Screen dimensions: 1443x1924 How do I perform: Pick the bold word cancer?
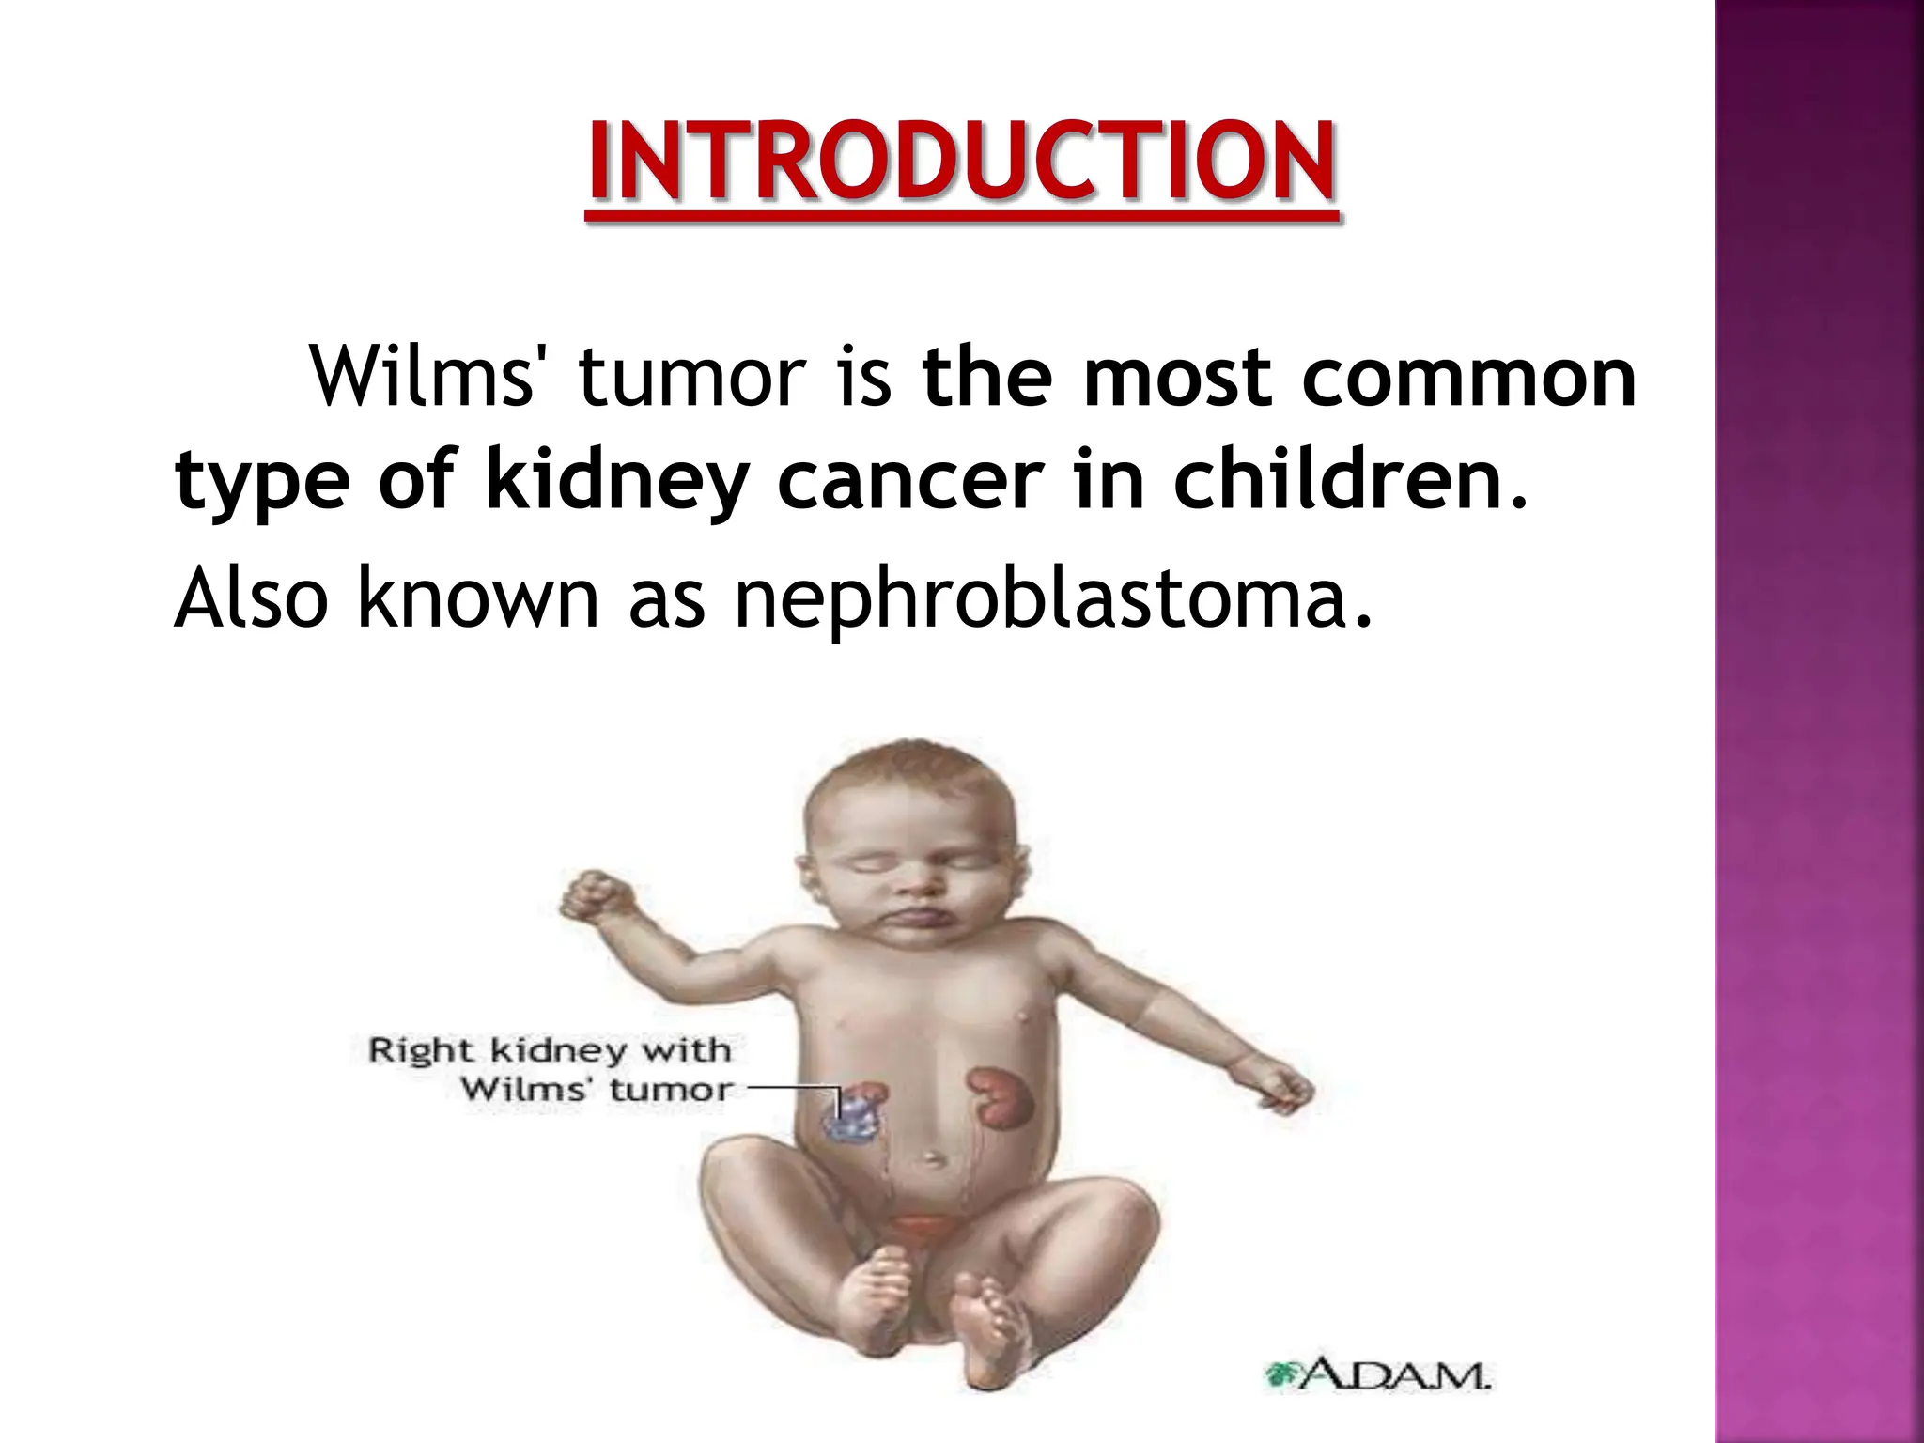[x=909, y=481]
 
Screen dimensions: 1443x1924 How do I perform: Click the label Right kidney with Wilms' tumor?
[x=550, y=1069]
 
